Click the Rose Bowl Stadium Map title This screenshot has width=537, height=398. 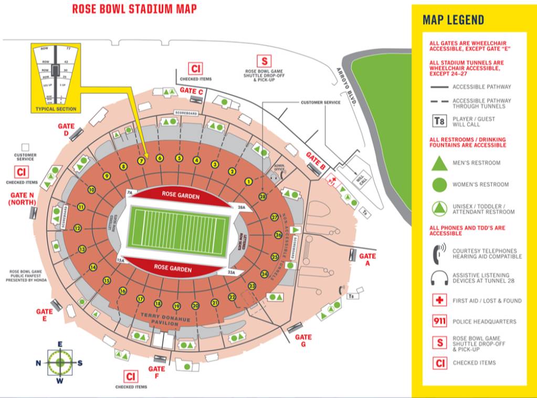click(x=134, y=9)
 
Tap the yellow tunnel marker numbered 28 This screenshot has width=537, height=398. click(x=262, y=196)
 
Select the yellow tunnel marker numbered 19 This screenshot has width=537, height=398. click(x=176, y=306)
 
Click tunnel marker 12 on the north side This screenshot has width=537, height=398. click(x=78, y=228)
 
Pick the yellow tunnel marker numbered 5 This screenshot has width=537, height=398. click(x=179, y=158)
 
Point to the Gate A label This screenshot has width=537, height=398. click(x=367, y=259)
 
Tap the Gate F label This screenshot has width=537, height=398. click(x=156, y=372)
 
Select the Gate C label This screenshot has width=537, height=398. click(x=192, y=90)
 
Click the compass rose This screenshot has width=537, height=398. click(x=60, y=362)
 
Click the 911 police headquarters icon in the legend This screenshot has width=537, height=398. click(x=439, y=321)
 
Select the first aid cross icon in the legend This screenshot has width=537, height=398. click(x=439, y=301)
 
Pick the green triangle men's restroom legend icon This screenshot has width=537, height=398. click(x=439, y=163)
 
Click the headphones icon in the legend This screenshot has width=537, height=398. click(x=439, y=278)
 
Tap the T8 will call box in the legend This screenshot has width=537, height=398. click(x=439, y=122)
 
